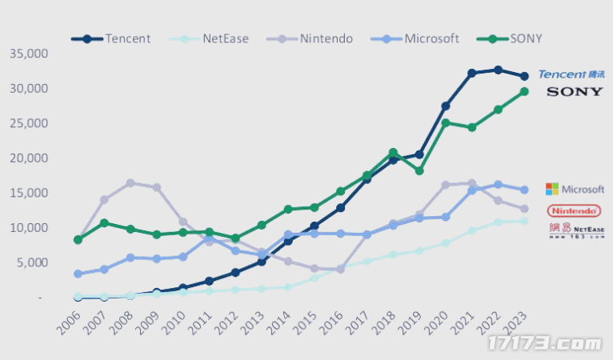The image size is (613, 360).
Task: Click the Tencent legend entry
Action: pyautogui.click(x=111, y=38)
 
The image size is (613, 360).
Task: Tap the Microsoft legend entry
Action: pyautogui.click(x=419, y=38)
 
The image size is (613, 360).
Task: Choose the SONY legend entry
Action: pyautogui.click(x=517, y=38)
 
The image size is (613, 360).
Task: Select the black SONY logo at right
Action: pyautogui.click(x=575, y=92)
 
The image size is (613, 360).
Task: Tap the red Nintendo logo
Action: pyautogui.click(x=574, y=210)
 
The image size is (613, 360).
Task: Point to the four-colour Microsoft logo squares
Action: pyautogui.click(x=552, y=189)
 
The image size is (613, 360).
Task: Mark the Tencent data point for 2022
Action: pyautogui.click(x=498, y=70)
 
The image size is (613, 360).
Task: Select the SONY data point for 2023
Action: pyautogui.click(x=524, y=91)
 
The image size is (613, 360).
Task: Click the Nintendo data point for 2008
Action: pyautogui.click(x=130, y=183)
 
